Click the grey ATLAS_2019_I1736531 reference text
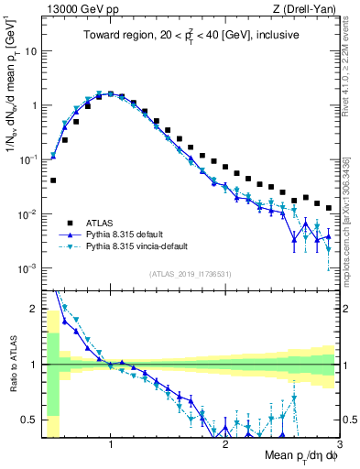[190, 274]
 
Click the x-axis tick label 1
[111, 444]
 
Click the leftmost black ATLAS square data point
[53, 180]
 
